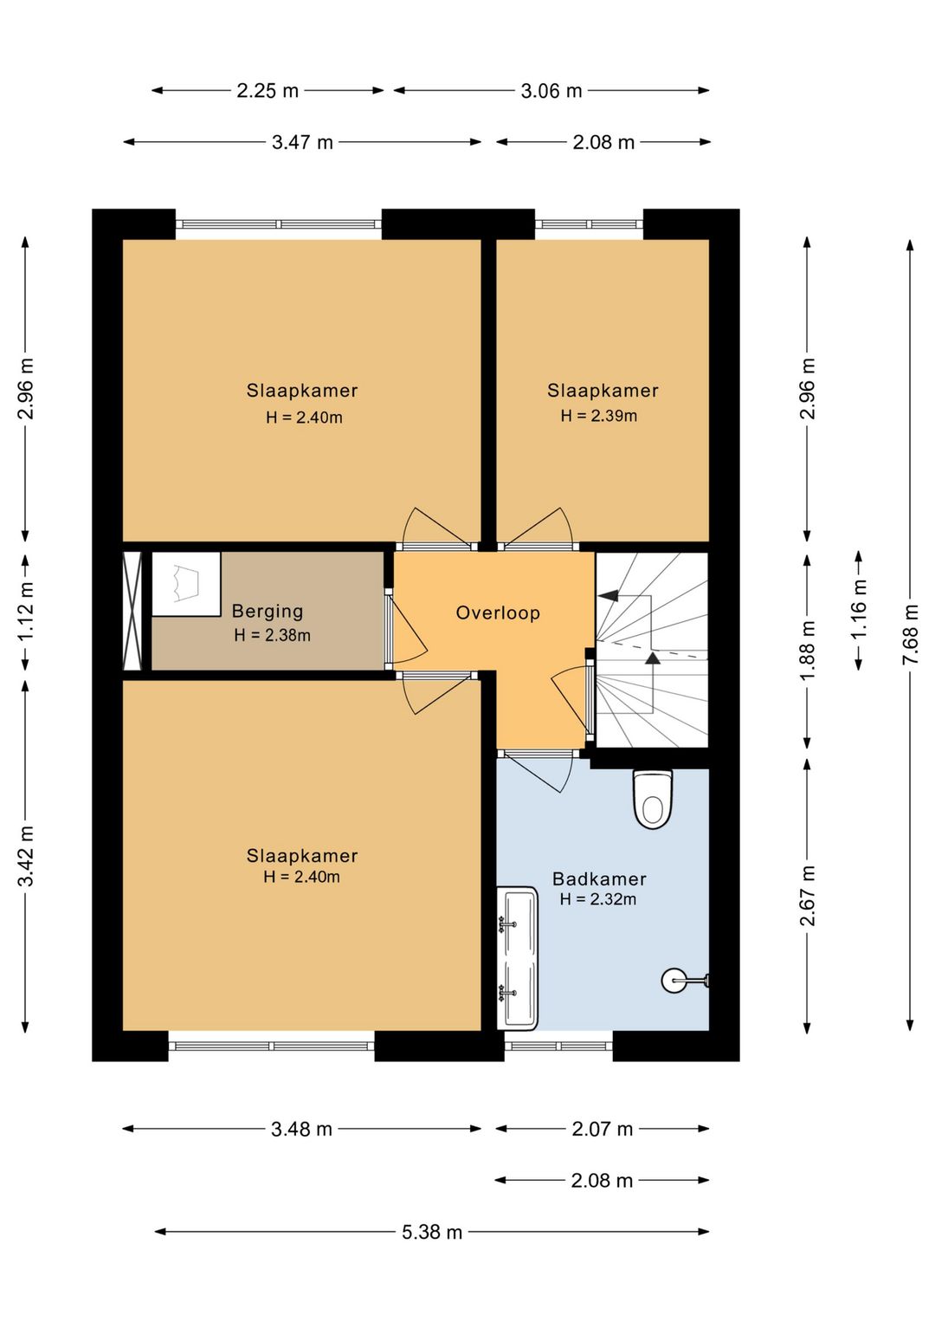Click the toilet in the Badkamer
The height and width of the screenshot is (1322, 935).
click(x=653, y=798)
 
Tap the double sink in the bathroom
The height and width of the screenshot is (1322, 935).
click(x=518, y=957)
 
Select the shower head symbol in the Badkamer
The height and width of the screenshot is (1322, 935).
click(x=685, y=981)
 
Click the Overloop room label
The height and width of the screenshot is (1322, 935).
click(x=498, y=612)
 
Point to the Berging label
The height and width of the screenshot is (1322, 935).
click(x=268, y=612)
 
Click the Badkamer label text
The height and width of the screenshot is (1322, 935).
click(x=599, y=878)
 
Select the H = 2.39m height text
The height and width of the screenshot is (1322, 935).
click(x=599, y=416)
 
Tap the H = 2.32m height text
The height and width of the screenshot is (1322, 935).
click(x=598, y=899)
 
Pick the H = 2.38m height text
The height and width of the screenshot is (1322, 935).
click(x=272, y=635)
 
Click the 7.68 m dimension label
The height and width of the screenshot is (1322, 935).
click(x=910, y=634)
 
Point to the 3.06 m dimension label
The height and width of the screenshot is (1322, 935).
click(x=551, y=91)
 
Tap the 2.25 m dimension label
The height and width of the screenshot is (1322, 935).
click(x=268, y=91)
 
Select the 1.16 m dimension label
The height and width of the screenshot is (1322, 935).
click(x=858, y=609)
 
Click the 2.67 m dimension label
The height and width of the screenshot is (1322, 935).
click(x=808, y=896)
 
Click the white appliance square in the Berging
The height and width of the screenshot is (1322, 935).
click(x=186, y=584)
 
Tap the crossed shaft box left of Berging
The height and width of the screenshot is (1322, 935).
click(x=132, y=611)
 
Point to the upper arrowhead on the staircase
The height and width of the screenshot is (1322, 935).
click(x=610, y=595)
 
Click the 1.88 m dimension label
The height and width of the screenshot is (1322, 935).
click(x=808, y=649)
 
